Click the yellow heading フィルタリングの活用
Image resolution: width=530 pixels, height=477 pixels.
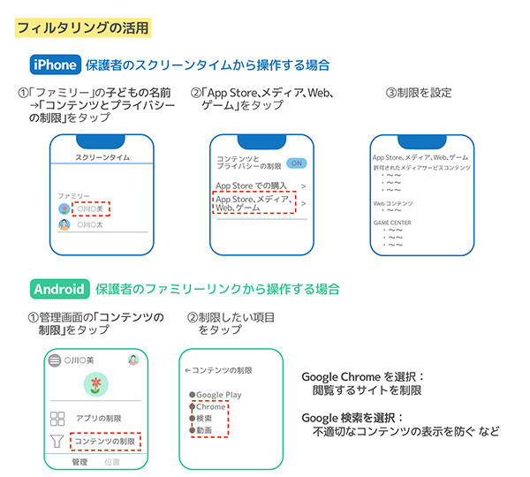coord(85,27)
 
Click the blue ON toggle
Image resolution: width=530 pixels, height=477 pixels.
coord(296,163)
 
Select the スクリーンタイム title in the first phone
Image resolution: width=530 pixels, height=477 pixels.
coord(103,156)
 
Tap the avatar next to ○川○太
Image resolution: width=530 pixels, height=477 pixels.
coord(64,225)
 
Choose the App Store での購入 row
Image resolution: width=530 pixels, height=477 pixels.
coord(256,186)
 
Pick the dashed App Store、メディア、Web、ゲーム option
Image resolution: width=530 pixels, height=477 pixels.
coord(249,203)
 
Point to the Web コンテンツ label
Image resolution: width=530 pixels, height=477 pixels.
coord(393,202)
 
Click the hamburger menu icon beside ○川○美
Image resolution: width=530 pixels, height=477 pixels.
coord(55,360)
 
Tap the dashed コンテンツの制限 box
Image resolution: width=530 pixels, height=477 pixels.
coord(106,441)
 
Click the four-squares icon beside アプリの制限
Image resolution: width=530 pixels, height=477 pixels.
coord(57,419)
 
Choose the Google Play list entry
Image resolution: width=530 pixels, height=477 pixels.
coord(216,395)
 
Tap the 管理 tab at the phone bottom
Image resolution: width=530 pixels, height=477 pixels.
coord(79,462)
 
